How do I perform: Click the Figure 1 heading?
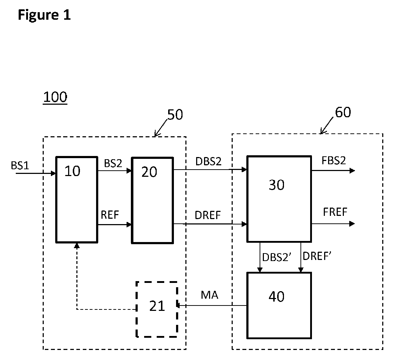[x=44, y=15]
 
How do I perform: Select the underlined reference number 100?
[x=55, y=97]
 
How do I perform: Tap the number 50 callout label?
[x=175, y=115]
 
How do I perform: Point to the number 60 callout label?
[x=343, y=112]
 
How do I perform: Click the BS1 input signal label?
[x=20, y=166]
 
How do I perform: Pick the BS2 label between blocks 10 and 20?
[x=113, y=163]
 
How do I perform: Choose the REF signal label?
[x=110, y=215]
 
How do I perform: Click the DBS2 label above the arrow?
[x=208, y=161]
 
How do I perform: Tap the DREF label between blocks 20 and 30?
[x=208, y=215]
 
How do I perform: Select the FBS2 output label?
[x=333, y=160]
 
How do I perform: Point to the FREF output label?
[x=335, y=212]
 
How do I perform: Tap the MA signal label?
[x=209, y=295]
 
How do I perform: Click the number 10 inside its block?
[x=72, y=171]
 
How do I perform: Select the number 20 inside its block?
[x=149, y=172]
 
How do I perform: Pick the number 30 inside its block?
[x=276, y=185]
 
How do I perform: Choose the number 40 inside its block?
[x=276, y=297]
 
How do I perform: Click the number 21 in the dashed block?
[x=157, y=306]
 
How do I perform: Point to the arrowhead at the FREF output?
[x=352, y=224]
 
